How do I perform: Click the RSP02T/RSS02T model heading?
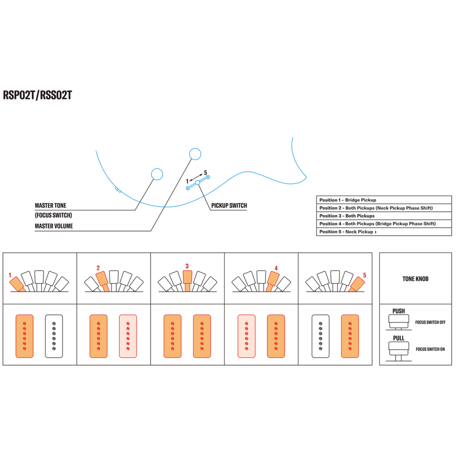(37, 96)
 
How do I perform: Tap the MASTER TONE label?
(50, 205)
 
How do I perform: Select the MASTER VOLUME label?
(54, 226)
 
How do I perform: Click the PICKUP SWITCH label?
(229, 205)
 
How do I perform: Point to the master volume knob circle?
(195, 154)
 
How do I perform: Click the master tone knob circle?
(157, 174)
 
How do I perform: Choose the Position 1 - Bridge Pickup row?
(384, 200)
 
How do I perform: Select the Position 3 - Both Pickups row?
(384, 216)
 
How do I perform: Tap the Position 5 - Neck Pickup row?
(384, 232)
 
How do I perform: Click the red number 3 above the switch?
(187, 266)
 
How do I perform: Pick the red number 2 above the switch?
(98, 268)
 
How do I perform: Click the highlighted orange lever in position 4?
(272, 281)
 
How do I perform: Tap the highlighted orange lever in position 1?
(17, 284)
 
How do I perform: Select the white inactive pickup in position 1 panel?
(54, 336)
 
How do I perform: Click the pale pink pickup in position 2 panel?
(128, 336)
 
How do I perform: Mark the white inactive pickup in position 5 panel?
(320, 336)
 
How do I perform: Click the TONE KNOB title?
(415, 279)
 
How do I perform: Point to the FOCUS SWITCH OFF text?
(430, 322)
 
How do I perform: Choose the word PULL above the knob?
(399, 338)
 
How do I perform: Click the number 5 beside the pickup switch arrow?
(205, 173)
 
